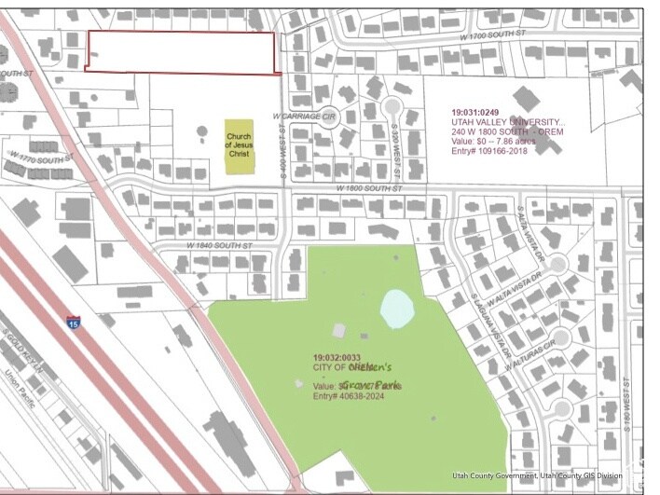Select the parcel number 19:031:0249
[x=482, y=109]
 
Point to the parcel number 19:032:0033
[x=336, y=357]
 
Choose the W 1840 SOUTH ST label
[x=220, y=244]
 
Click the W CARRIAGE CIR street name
[x=305, y=117]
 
